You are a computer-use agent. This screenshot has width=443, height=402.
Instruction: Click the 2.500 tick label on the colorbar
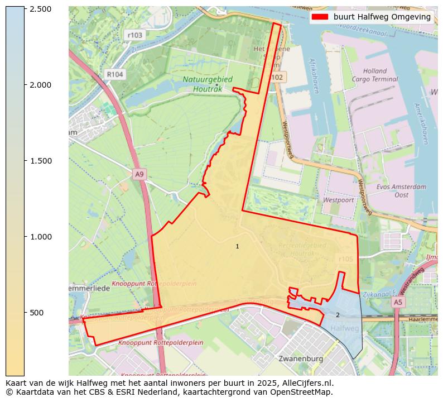click(x=40, y=9)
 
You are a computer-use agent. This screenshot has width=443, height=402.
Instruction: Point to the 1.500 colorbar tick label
click(x=40, y=161)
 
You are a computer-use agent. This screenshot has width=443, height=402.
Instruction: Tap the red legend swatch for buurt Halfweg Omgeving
click(x=320, y=17)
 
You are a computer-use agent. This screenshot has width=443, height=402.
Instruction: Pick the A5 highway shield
click(x=397, y=302)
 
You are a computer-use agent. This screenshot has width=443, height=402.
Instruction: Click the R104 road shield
click(x=114, y=74)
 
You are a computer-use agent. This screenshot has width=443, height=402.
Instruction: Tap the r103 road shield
click(x=134, y=35)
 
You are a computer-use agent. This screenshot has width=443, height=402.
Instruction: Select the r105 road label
click(x=346, y=259)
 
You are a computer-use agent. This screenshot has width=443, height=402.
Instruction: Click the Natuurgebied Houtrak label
click(x=208, y=84)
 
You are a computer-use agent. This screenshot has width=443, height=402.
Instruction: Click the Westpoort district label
click(x=338, y=199)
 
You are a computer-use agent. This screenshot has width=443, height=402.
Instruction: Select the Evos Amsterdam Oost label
click(x=401, y=191)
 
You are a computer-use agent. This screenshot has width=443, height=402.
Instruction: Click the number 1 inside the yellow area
click(x=237, y=246)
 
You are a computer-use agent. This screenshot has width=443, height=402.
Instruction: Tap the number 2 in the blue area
click(x=338, y=315)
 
